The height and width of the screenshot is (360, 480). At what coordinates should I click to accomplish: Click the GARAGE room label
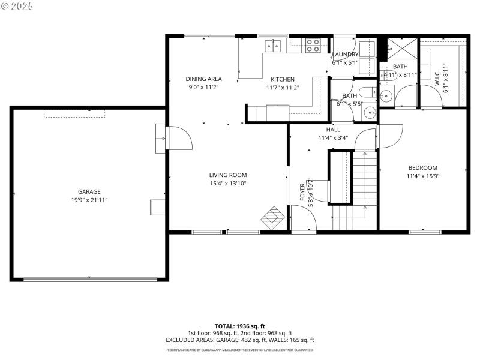pyautogui.click(x=89, y=191)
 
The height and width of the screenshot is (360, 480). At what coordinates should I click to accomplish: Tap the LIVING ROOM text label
pyautogui.click(x=228, y=175)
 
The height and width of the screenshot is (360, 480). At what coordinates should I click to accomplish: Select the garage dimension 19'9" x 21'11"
pyautogui.click(x=89, y=199)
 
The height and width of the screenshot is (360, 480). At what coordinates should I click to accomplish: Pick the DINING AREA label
pyautogui.click(x=203, y=79)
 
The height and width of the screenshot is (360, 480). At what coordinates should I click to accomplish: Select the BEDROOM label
pyautogui.click(x=423, y=167)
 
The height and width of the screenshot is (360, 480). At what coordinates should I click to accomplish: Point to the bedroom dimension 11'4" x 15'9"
pyautogui.click(x=423, y=176)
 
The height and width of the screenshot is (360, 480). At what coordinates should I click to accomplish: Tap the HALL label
pyautogui.click(x=333, y=130)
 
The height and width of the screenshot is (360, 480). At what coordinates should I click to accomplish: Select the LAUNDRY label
pyautogui.click(x=346, y=54)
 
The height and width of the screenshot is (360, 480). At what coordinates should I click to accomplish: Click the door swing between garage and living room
pyautogui.click(x=180, y=139)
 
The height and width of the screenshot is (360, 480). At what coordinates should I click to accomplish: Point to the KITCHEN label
pyautogui.click(x=282, y=79)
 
